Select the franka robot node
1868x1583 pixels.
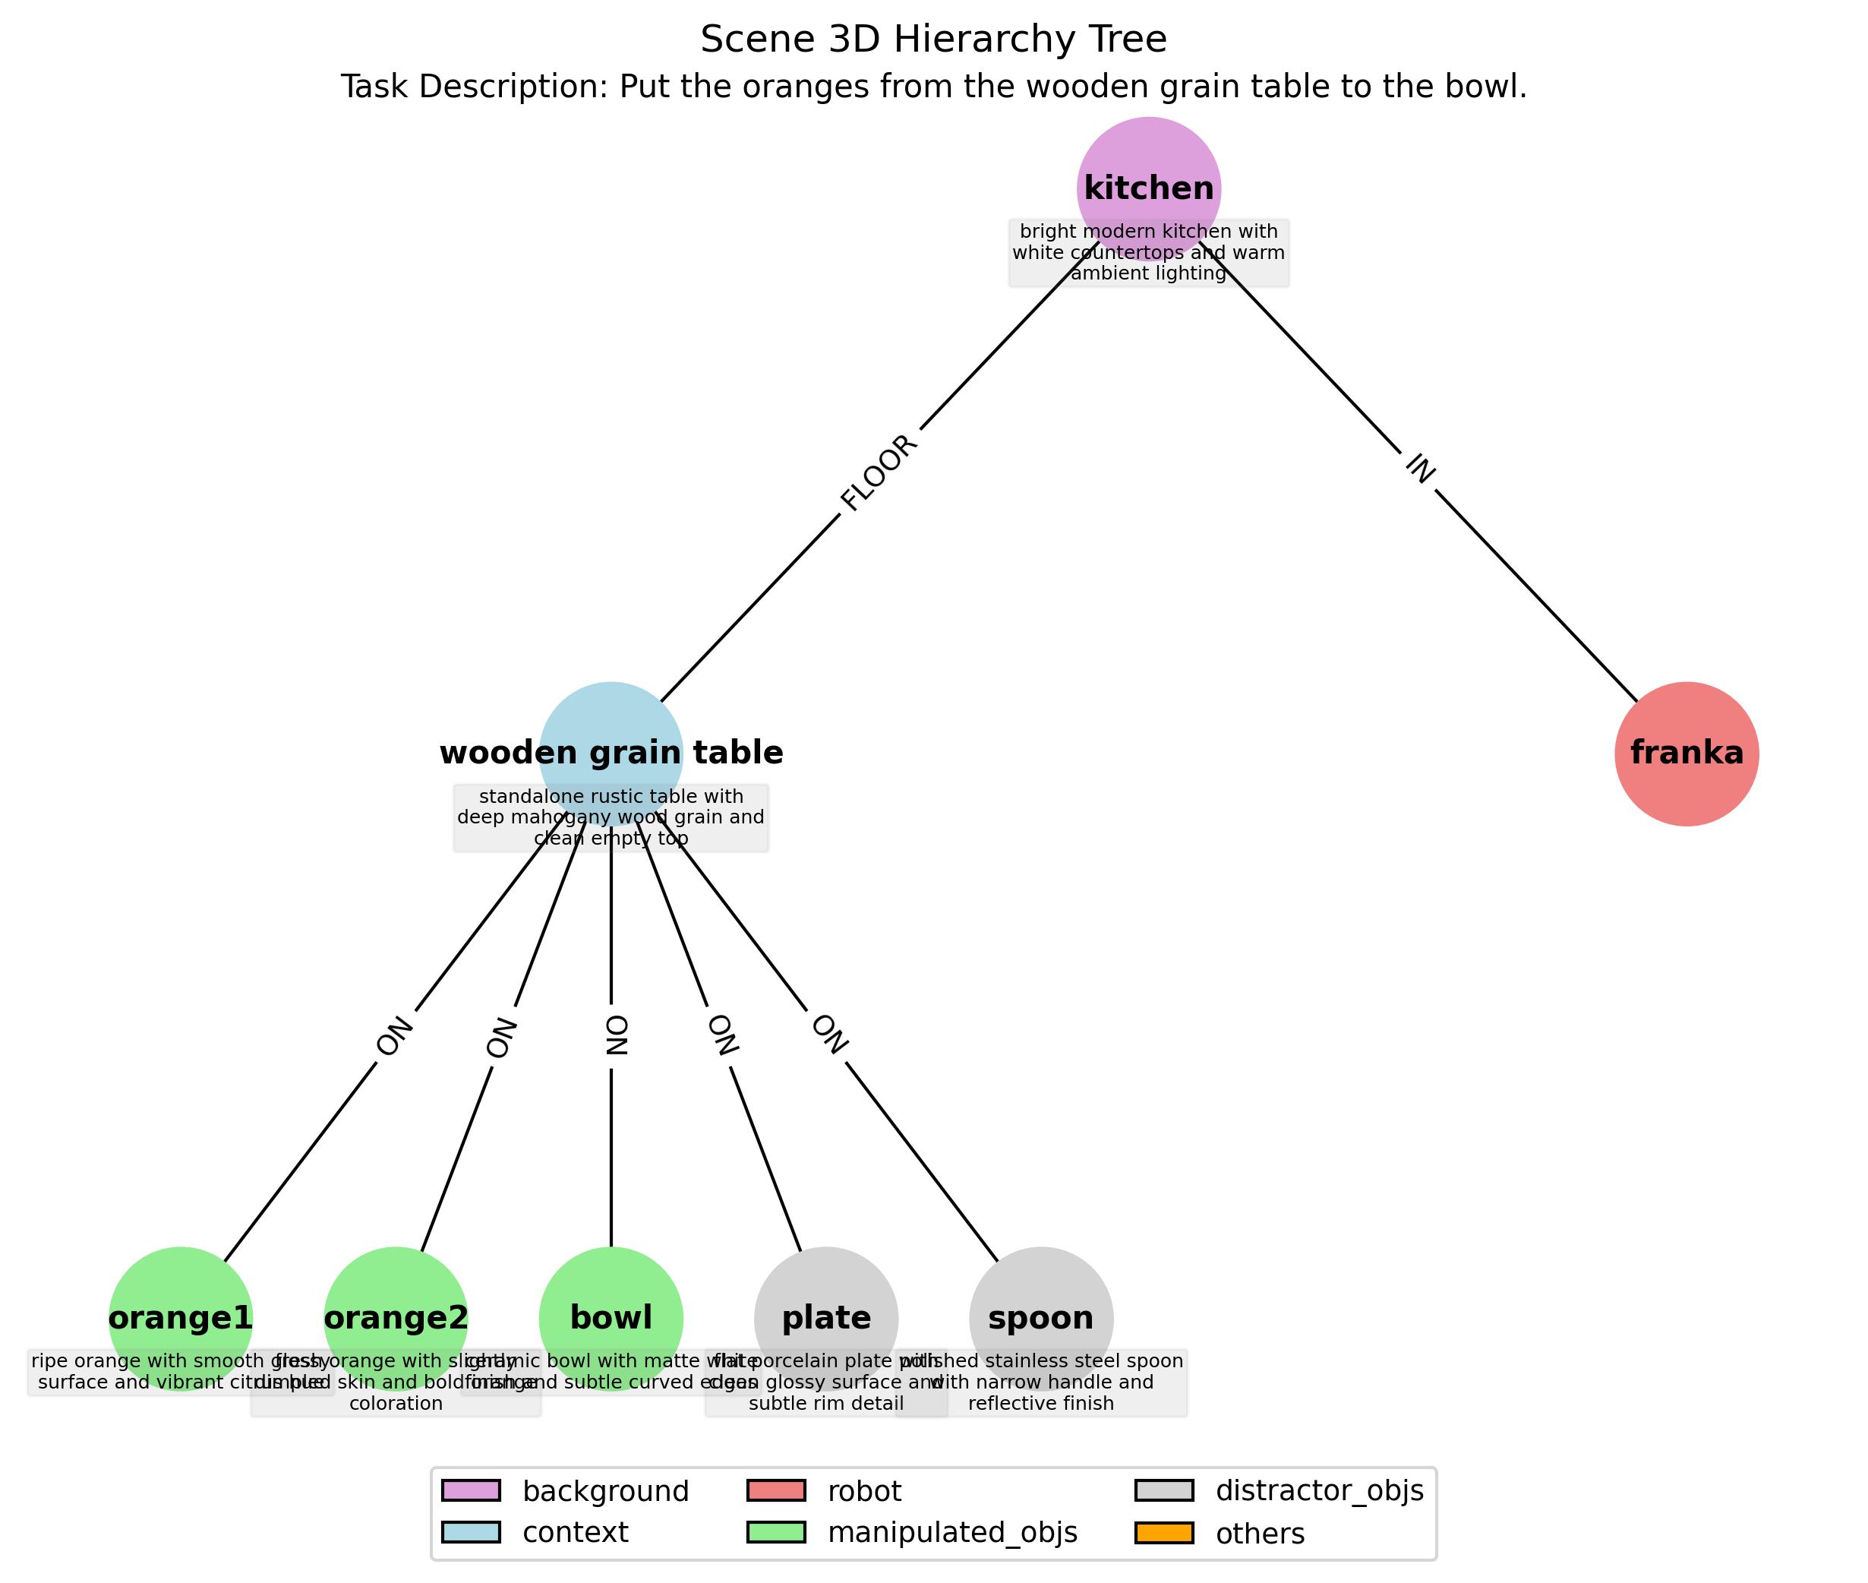[1686, 753]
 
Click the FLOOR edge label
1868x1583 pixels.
[879, 473]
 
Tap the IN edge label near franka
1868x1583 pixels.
[1418, 469]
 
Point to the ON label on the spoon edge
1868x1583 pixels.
[828, 1035]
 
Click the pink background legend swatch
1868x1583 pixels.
[470, 1490]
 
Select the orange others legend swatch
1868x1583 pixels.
[1163, 1533]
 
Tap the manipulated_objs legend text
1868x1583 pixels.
[952, 1533]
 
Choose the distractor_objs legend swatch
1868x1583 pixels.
[1163, 1490]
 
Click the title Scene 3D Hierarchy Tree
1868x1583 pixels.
[933, 39]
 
